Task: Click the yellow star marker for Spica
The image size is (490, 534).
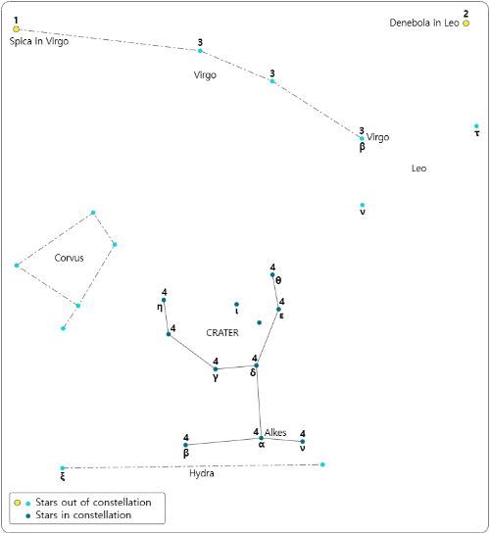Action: coord(16,29)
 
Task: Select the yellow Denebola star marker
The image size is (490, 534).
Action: coord(465,24)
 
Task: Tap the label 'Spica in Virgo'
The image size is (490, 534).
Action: coord(39,41)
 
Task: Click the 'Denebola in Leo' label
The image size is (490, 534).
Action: coord(424,23)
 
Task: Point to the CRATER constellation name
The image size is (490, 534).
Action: coord(222,333)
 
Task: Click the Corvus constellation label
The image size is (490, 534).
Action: coord(69,258)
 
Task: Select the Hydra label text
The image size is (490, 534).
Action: coord(202,473)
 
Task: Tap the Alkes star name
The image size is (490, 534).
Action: coord(275,432)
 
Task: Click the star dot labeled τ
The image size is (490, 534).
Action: coord(476,126)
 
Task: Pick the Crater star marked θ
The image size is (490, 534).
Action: coord(272,274)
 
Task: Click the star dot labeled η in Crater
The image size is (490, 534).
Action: coord(164,300)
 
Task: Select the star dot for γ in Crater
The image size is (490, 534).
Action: coord(216,369)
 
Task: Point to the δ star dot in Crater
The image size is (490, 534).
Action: coord(257,365)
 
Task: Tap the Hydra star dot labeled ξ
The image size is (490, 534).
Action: coord(63,468)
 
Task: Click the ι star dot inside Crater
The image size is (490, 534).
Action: coord(236,304)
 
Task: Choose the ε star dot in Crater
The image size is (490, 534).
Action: coord(278,310)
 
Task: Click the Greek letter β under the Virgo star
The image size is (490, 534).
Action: coord(362,147)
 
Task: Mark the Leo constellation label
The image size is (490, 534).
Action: coord(418,169)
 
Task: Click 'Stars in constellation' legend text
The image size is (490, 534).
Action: coord(83,515)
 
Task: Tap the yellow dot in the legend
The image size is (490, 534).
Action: coord(18,503)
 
